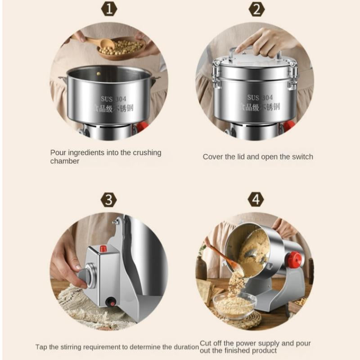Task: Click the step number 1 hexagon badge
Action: point(109,9)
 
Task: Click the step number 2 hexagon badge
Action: point(256,9)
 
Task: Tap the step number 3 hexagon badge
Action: point(108,199)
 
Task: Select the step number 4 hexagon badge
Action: point(256,199)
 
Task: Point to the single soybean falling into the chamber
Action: point(99,74)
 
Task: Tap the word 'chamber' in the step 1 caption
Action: point(65,161)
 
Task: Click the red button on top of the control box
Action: point(103,248)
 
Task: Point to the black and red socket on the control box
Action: point(111,301)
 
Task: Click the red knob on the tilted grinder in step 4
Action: point(293,258)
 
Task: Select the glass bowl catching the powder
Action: point(234,303)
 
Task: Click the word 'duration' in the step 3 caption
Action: point(186,346)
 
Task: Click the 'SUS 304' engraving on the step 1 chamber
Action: point(113,99)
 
